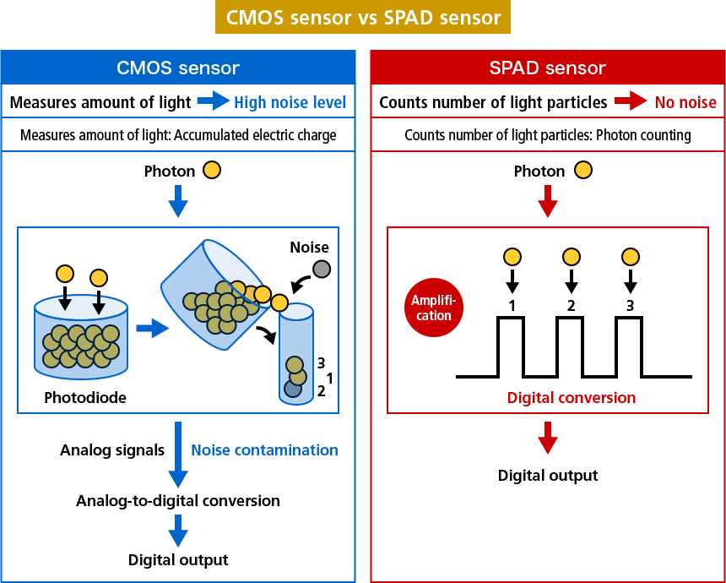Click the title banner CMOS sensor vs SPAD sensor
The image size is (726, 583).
363,18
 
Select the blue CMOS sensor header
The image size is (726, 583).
177,68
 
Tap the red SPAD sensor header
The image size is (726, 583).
547,68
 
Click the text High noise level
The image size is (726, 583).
290,102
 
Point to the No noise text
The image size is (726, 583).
685,102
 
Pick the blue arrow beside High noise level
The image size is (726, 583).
213,101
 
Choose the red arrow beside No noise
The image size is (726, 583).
631,101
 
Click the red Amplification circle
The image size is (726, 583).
433,308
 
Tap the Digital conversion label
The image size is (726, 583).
572,397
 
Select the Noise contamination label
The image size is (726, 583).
264,450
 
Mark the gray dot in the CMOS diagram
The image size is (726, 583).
322,270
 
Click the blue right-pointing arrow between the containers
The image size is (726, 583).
152,328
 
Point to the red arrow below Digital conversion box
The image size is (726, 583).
548,438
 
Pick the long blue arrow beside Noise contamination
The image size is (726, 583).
177,455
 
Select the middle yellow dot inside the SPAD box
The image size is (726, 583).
572,257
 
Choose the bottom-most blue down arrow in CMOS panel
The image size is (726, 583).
177,531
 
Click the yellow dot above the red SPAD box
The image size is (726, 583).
583,170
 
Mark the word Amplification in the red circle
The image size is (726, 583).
433,308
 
